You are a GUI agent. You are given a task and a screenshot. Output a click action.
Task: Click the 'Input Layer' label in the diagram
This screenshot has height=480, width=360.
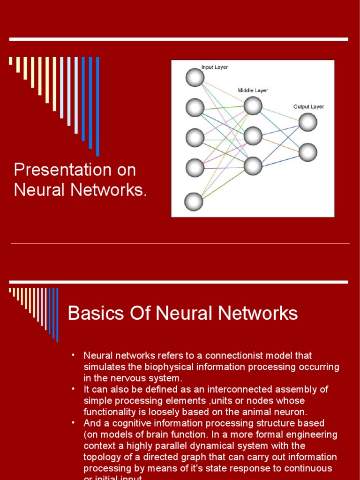click(x=215, y=67)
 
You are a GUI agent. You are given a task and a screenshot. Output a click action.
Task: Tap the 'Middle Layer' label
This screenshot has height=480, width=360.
click(x=253, y=90)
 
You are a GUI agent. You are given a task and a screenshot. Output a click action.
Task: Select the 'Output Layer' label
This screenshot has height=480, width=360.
click(x=308, y=106)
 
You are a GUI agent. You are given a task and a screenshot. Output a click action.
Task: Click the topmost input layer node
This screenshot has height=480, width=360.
click(x=195, y=77)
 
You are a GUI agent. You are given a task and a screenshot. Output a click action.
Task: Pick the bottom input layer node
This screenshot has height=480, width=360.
click(x=194, y=202)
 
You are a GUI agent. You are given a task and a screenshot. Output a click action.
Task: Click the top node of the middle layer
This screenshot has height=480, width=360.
click(x=253, y=105)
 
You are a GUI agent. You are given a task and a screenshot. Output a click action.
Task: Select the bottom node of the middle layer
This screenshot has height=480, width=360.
click(x=253, y=165)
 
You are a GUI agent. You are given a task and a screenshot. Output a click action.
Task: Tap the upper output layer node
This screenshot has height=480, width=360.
click(x=308, y=122)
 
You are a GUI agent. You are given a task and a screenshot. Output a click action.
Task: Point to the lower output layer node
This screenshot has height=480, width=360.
click(x=308, y=152)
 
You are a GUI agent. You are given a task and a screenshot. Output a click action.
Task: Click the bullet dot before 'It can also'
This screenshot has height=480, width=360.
click(x=73, y=389)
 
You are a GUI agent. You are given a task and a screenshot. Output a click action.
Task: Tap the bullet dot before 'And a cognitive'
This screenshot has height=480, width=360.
click(x=73, y=423)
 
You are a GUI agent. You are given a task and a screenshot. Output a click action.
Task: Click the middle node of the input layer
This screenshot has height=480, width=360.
click(x=195, y=137)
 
